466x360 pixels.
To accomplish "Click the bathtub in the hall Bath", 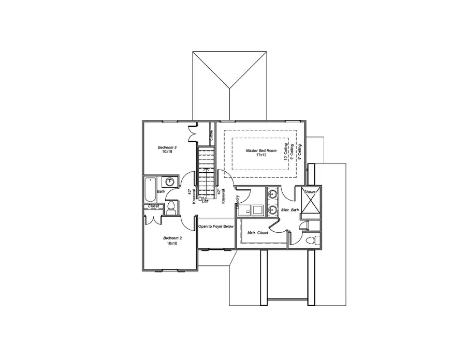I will (x=150, y=190).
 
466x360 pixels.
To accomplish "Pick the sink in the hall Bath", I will (x=170, y=182).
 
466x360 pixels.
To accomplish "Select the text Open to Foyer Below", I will (x=216, y=227).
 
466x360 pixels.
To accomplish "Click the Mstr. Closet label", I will (x=258, y=232).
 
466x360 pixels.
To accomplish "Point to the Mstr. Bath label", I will (x=289, y=210).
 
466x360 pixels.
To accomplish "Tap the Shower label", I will (x=311, y=191).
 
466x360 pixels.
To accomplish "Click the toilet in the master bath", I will (x=311, y=241).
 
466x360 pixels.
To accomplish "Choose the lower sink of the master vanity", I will (x=273, y=210).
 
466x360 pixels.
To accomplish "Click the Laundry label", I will (x=237, y=201).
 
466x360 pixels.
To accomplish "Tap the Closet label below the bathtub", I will (x=154, y=206).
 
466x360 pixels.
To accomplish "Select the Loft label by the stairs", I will (x=206, y=201).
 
